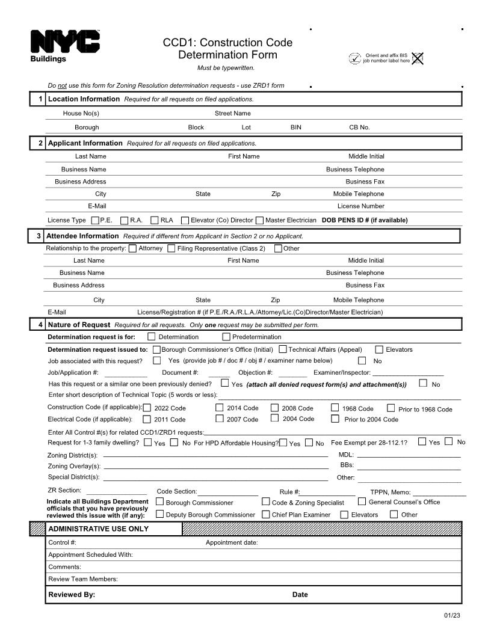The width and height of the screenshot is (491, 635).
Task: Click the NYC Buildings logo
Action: click(65, 46)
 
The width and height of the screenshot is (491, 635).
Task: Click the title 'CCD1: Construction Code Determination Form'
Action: click(227, 49)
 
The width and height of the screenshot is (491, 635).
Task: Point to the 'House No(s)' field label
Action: click(81, 113)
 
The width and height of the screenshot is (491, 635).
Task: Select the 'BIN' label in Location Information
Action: click(296, 127)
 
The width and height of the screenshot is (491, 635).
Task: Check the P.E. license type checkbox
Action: click(95, 220)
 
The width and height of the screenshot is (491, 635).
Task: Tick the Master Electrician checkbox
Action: click(259, 220)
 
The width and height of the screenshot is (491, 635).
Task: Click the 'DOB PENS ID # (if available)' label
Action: click(365, 220)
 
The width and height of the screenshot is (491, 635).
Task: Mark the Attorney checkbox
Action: click(132, 248)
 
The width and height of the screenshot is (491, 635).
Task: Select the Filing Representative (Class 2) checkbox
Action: click(171, 248)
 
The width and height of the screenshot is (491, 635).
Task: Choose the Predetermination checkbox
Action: click(226, 337)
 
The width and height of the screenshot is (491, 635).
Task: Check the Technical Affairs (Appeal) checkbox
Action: click(283, 349)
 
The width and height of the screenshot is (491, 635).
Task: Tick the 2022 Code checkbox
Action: click(147, 408)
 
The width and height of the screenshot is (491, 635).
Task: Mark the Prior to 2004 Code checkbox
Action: click(335, 419)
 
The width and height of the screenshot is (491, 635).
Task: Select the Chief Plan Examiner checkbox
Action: click(266, 514)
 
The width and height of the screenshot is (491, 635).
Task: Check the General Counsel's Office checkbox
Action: click(362, 502)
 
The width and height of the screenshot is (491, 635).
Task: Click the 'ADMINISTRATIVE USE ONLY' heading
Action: click(98, 529)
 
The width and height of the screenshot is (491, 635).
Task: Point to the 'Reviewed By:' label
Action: click(72, 595)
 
